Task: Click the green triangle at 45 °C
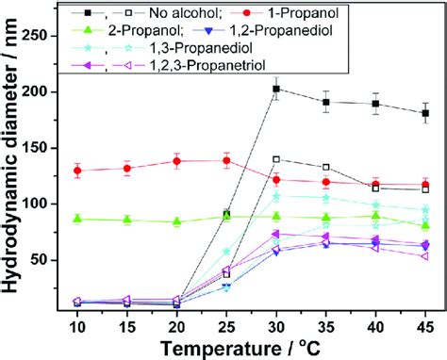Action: [425, 225]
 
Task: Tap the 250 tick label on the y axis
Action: [42, 35]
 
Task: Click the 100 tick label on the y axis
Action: [42, 204]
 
